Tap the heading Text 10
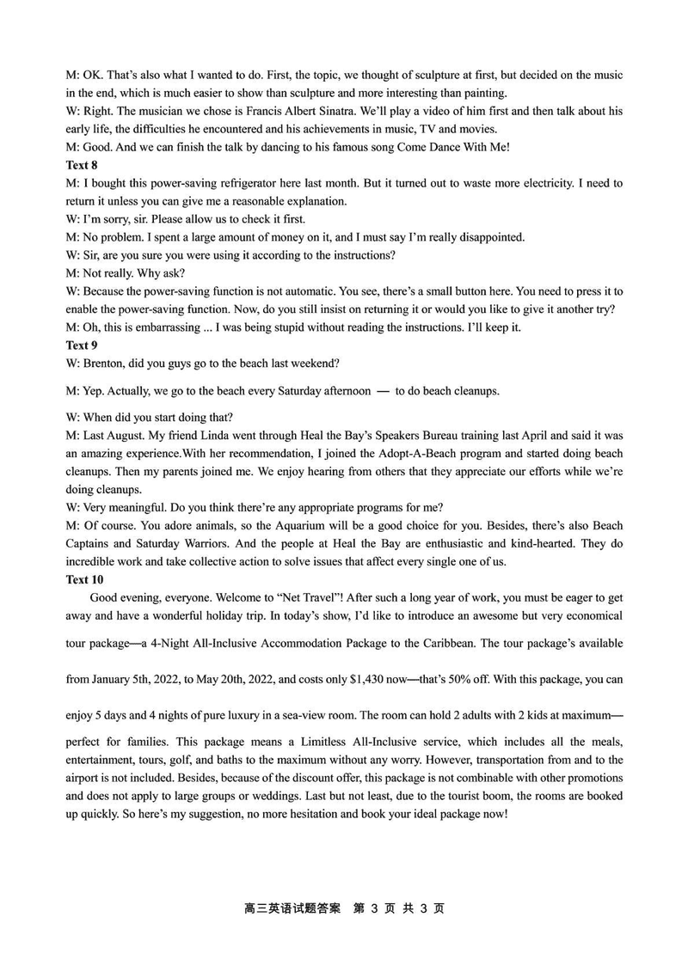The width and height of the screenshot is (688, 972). coord(84,579)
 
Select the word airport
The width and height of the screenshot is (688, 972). coord(86,778)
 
